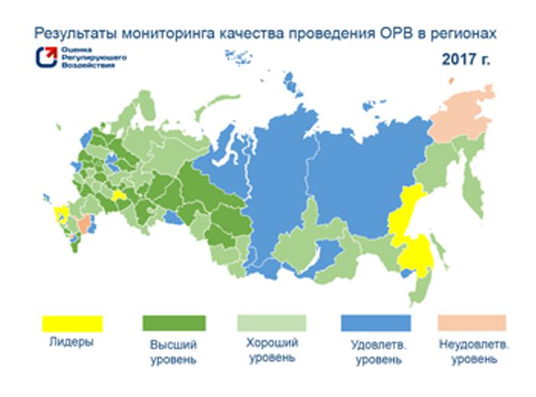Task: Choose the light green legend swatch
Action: (272, 322)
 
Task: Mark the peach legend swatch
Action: (472, 322)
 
